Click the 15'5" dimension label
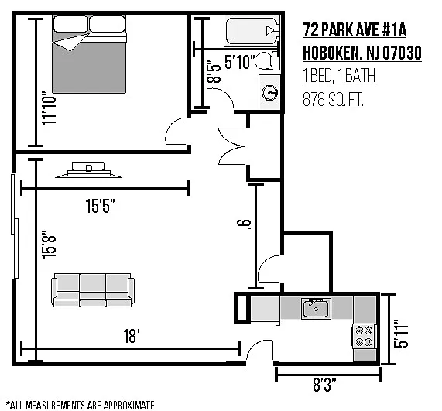coord(100,206)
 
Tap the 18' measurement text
coord(132,336)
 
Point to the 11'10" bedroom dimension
coord(49,108)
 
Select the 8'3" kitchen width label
coord(324,385)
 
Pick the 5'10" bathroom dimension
coord(240,62)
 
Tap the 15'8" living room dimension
coord(49,245)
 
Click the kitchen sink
coord(316,309)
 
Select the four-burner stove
coord(364,336)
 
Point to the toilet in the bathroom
coord(267,60)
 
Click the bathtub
coord(252,31)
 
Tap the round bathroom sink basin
coord(269,92)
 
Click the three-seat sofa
coord(93,290)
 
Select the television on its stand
coord(89,170)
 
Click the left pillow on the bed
coord(70,24)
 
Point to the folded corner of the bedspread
coord(69,43)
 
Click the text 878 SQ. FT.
coord(333,100)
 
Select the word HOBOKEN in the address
coord(331,53)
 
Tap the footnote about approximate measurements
coord(80,405)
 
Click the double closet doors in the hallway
coord(231,146)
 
